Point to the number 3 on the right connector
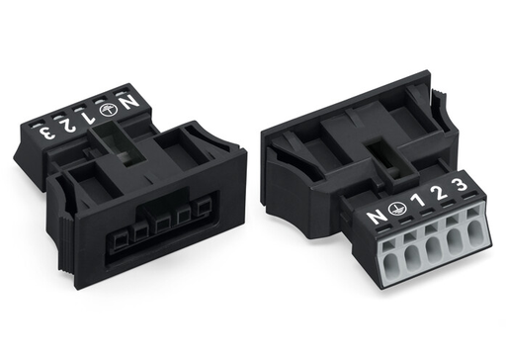pyautogui.click(x=457, y=185)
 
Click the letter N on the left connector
pyautogui.click(x=130, y=99)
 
